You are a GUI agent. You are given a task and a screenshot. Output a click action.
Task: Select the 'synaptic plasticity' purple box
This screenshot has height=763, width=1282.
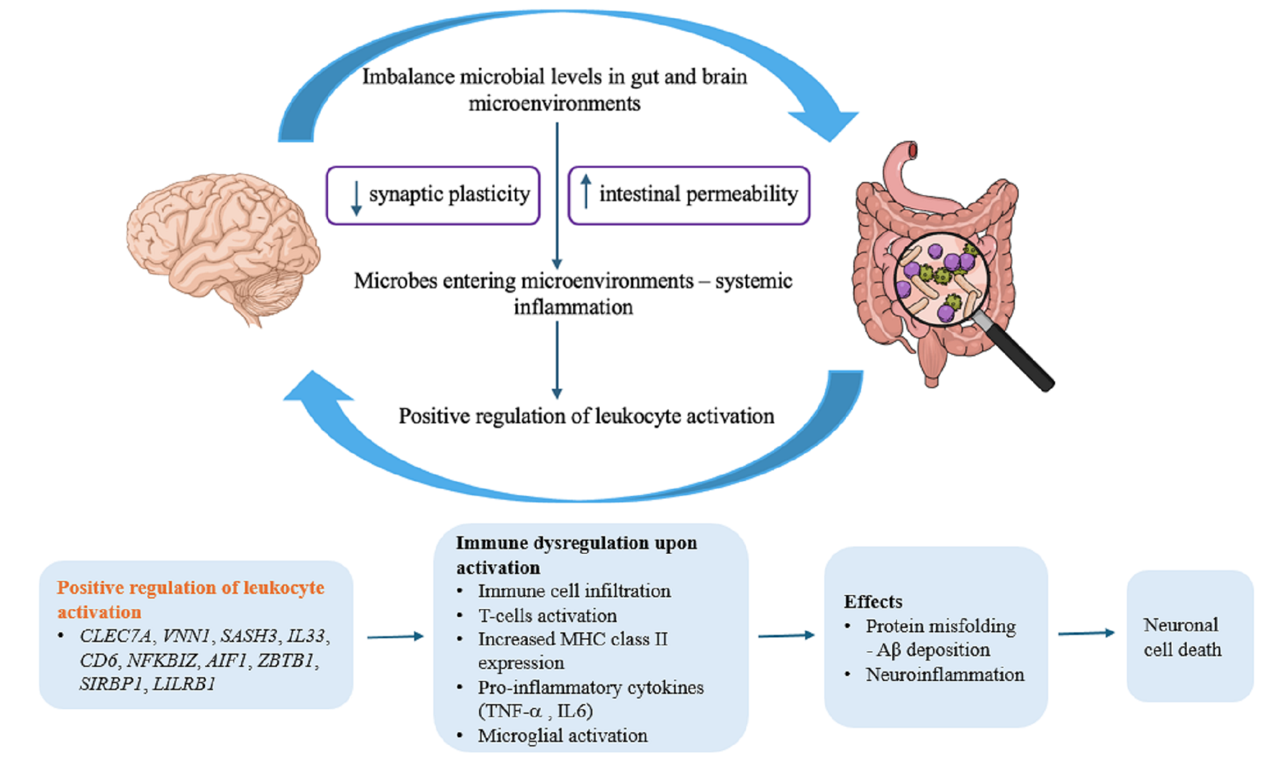coord(433,195)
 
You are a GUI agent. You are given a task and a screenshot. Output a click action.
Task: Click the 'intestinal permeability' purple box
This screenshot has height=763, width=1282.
coord(689,195)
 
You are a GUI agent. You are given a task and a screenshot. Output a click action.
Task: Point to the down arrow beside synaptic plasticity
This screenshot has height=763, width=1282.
coord(356,197)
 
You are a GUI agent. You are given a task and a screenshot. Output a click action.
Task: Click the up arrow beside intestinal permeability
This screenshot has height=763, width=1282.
coord(586,191)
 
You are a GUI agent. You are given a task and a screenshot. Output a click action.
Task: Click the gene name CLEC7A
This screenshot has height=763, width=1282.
coord(116,636)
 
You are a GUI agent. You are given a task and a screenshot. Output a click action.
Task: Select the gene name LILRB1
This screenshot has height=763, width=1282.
coord(184,684)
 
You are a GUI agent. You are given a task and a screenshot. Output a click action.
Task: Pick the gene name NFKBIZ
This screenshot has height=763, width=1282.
coord(162,660)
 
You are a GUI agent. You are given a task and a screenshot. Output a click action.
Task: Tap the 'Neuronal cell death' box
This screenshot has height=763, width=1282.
coord(1190,636)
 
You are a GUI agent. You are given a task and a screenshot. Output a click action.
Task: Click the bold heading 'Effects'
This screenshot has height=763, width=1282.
coord(873,601)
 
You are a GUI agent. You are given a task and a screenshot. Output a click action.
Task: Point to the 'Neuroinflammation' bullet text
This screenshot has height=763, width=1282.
coord(945,675)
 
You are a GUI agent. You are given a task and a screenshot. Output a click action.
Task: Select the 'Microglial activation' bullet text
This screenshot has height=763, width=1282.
coord(563,736)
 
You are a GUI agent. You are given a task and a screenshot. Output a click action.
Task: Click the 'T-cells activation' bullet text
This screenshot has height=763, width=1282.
coord(547,615)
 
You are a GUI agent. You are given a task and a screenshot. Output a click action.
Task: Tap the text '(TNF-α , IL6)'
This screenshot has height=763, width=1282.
coord(535,711)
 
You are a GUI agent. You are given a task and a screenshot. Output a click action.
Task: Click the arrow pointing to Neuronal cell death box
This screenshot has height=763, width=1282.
coord(1086,633)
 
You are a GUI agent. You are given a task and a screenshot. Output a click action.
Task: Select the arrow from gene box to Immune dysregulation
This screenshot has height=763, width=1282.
coord(395,636)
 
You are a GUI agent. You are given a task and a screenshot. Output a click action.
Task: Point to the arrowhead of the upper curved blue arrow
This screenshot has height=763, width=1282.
coord(828,124)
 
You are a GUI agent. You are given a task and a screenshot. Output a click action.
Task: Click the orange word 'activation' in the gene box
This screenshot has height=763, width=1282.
coord(99,612)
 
